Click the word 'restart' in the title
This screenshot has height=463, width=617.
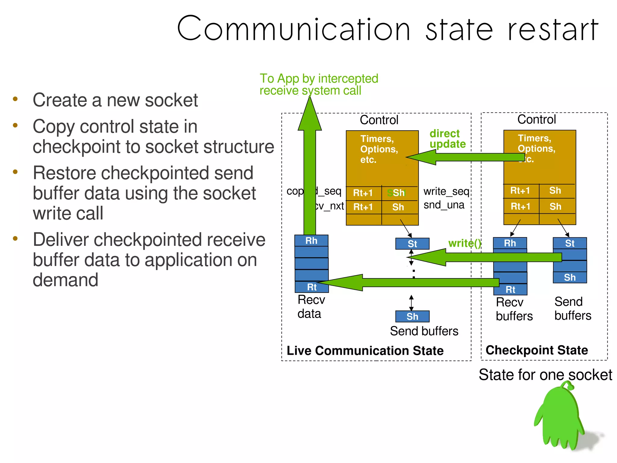553,30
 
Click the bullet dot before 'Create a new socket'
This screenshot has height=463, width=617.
15,99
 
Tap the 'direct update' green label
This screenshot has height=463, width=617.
447,139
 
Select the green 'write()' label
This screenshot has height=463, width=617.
464,243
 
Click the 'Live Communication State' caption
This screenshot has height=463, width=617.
365,350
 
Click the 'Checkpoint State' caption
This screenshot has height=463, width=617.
537,350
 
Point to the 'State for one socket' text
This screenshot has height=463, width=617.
545,375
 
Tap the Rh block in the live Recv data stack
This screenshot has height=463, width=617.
311,241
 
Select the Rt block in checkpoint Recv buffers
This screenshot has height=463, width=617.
510,290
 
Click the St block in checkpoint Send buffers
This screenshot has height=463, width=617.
569,243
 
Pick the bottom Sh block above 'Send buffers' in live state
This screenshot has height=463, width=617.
412,316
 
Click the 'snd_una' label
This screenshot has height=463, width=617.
444,205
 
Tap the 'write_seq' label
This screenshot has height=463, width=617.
446,191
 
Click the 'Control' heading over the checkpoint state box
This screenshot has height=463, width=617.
536,119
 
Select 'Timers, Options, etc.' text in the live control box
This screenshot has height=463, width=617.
379,149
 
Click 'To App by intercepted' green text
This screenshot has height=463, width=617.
319,78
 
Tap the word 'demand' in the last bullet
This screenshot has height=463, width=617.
65,280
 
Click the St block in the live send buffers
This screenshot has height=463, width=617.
412,244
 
